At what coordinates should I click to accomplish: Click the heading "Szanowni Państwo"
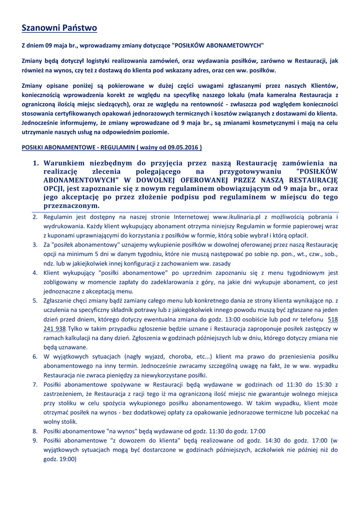[x=59, y=28]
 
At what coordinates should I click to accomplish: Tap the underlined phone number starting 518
[x=333, y=319]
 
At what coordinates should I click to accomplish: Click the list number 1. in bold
[x=36, y=163]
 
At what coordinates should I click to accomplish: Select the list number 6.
[x=35, y=357]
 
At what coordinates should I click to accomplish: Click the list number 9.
[x=35, y=440]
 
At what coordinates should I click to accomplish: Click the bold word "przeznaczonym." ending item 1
[x=72, y=206]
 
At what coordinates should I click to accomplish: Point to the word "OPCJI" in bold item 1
[x=54, y=189]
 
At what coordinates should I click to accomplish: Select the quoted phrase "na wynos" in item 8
[x=121, y=431]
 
